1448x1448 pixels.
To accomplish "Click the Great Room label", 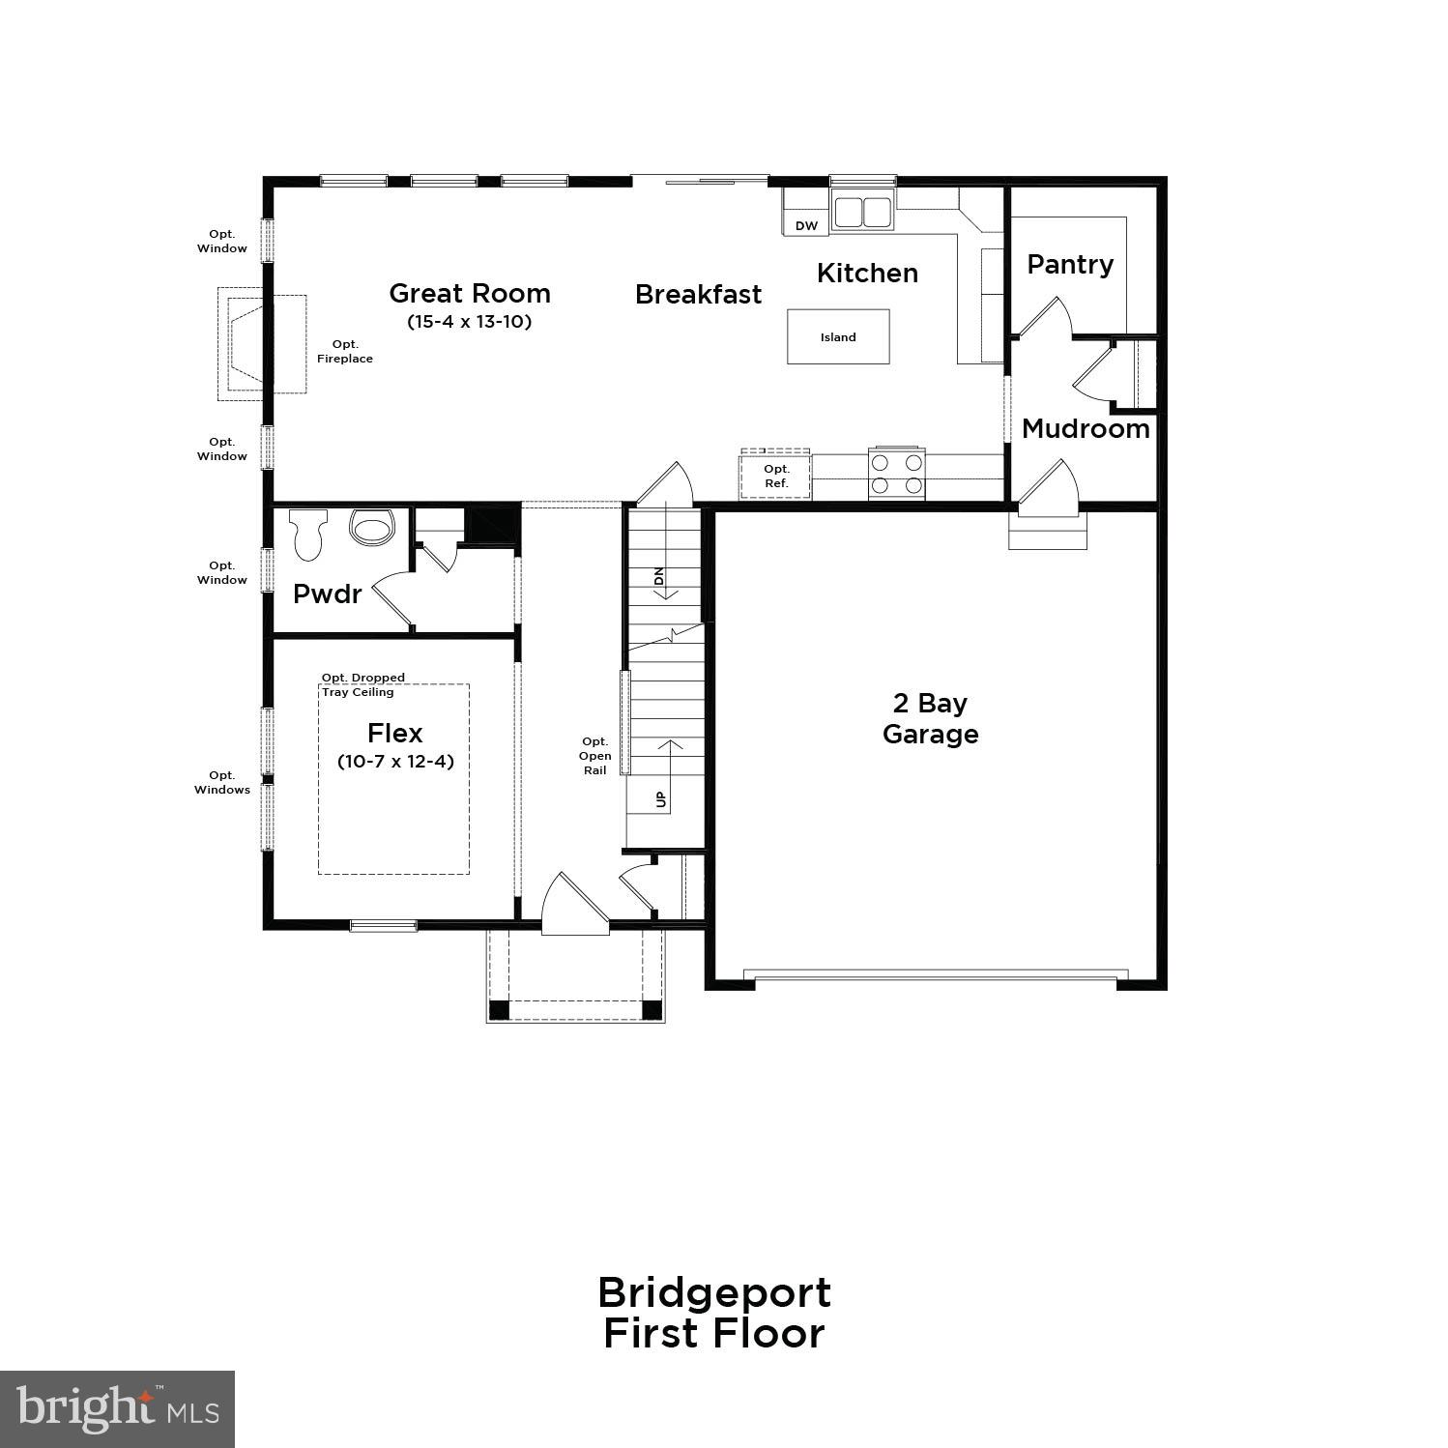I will pyautogui.click(x=470, y=294).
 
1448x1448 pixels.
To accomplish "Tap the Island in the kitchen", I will pyautogui.click(x=838, y=336).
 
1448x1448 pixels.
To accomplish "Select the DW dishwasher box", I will pyautogui.click(x=806, y=225).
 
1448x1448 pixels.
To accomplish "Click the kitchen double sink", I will pyautogui.click(x=862, y=212).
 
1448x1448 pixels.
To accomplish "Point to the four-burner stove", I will pyautogui.click(x=897, y=474).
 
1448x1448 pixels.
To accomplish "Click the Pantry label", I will pyautogui.click(x=1070, y=264).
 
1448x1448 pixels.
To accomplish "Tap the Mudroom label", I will pyautogui.click(x=1086, y=428).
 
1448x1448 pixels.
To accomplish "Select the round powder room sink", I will pyautogui.click(x=372, y=527).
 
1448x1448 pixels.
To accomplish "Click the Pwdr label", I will pyautogui.click(x=327, y=594).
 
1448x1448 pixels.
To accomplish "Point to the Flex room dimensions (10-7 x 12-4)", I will pyautogui.click(x=395, y=761).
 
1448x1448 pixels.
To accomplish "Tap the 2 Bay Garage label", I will pyautogui.click(x=930, y=718).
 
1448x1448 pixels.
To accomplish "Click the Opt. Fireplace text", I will pyautogui.click(x=345, y=351).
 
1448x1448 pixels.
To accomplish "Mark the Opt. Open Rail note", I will pyautogui.click(x=594, y=756).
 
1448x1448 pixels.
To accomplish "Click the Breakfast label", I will pyautogui.click(x=698, y=295).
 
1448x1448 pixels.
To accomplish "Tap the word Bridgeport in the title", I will pyautogui.click(x=714, y=1292).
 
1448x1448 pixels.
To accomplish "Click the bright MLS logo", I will pyautogui.click(x=117, y=1408).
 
